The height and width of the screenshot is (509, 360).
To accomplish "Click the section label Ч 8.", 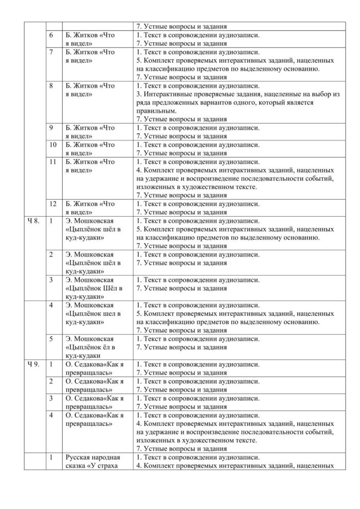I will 33,221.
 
